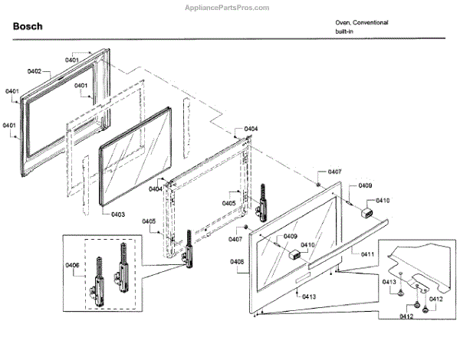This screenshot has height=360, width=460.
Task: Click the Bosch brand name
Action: coord(28,27)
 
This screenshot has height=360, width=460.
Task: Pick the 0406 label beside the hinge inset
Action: coord(73,265)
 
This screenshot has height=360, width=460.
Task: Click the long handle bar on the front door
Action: coord(337,250)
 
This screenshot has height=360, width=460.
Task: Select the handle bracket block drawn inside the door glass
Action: coord(291,256)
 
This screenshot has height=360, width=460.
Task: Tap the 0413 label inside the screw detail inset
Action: coord(389,283)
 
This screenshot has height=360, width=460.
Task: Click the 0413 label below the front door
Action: coord(309,296)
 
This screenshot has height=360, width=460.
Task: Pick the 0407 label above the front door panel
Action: coord(334,172)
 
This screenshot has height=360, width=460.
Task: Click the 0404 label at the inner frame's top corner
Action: coord(251,129)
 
